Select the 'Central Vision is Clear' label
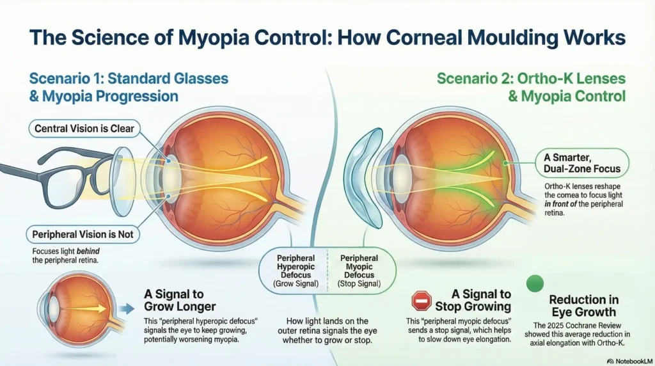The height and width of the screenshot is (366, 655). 84,128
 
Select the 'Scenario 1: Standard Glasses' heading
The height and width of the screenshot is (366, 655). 129,79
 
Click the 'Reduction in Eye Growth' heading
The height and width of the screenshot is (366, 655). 583,306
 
